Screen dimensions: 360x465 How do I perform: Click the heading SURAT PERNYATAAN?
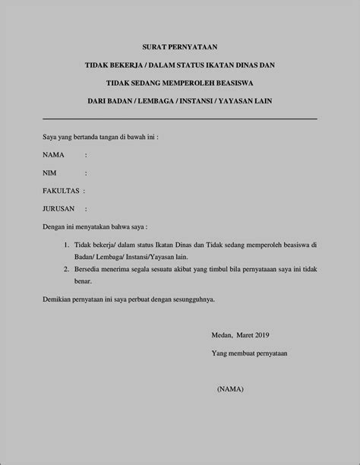[x=179, y=47]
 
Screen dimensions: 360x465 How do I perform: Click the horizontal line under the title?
[x=179, y=119]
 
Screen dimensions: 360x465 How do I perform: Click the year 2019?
[x=262, y=335]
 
